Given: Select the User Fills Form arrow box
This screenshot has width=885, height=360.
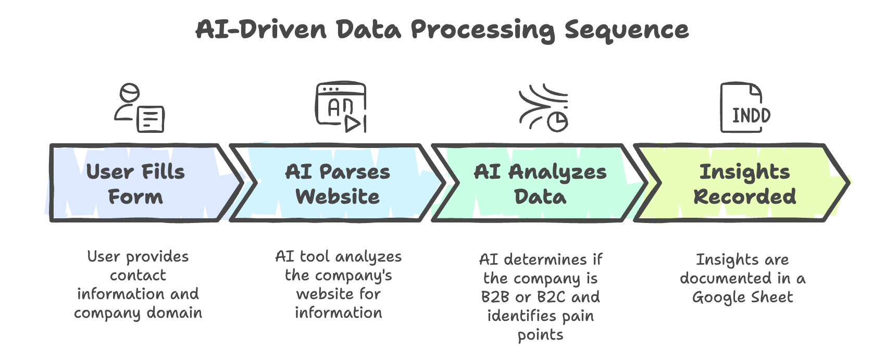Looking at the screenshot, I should [x=138, y=183].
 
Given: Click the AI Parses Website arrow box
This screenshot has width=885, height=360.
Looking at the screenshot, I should [x=338, y=183].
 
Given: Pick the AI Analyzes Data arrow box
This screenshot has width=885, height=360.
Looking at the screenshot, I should [x=540, y=183].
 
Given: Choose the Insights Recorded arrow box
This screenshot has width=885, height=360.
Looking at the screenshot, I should [x=744, y=183].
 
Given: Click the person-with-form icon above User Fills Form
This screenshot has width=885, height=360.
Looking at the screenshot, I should [x=139, y=108].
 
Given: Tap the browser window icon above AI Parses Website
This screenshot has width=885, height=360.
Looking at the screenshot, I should [x=341, y=107].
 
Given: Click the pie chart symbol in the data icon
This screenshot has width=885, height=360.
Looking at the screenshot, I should [x=558, y=121].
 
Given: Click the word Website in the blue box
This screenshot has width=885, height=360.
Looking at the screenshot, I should [x=338, y=196].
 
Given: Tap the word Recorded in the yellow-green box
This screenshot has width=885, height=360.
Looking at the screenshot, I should [x=744, y=196].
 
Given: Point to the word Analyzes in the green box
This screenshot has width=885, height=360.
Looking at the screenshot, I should [x=557, y=171].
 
